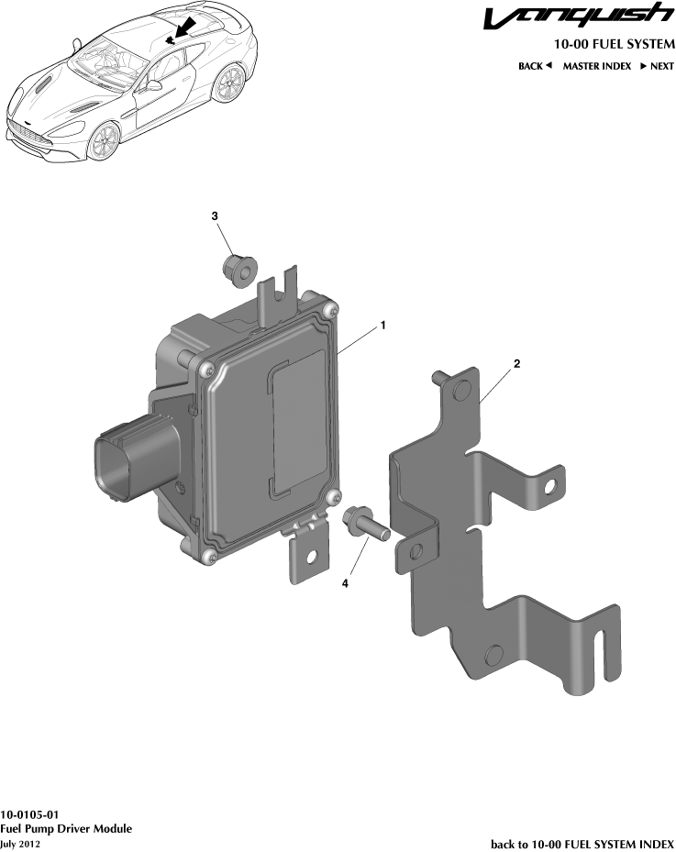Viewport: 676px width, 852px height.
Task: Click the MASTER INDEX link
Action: coord(596,66)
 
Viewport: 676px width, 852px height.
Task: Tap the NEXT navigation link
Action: coord(657,66)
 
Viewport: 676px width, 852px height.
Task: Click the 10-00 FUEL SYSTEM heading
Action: coord(614,44)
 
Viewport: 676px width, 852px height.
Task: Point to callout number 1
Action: coord(382,326)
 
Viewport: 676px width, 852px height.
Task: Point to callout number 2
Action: coord(517,364)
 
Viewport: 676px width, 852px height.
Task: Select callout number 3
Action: coord(215,216)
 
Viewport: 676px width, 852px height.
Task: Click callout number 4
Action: coord(345,582)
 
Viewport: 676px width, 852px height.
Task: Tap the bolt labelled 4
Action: coord(363,526)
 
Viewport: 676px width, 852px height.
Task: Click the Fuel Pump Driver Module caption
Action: coord(66,829)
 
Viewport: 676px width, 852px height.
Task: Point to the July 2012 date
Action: coord(20,844)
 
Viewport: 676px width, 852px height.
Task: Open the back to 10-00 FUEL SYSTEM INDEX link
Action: coord(582,843)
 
